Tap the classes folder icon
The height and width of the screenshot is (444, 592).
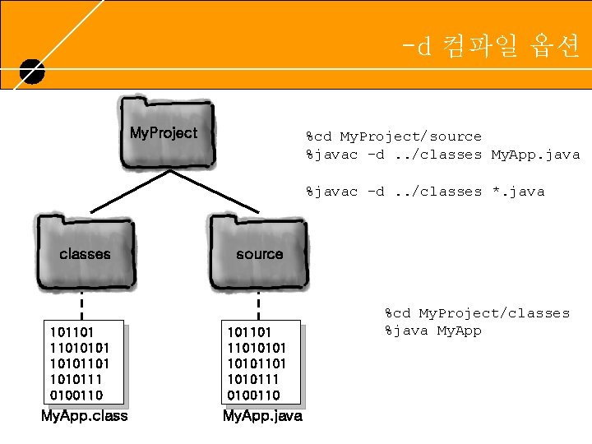click(84, 252)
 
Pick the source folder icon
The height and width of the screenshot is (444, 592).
click(259, 252)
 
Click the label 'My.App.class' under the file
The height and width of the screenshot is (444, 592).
click(85, 416)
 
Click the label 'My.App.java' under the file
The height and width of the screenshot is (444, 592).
click(262, 416)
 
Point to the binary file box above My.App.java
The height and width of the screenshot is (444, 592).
click(260, 362)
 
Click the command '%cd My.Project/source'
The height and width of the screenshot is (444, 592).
click(394, 136)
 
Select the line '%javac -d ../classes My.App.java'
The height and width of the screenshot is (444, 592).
click(442, 155)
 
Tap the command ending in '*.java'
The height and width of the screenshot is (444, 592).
click(425, 192)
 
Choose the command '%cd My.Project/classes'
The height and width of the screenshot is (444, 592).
click(477, 313)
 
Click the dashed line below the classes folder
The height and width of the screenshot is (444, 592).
click(82, 305)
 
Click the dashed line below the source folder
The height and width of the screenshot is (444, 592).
click(259, 305)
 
